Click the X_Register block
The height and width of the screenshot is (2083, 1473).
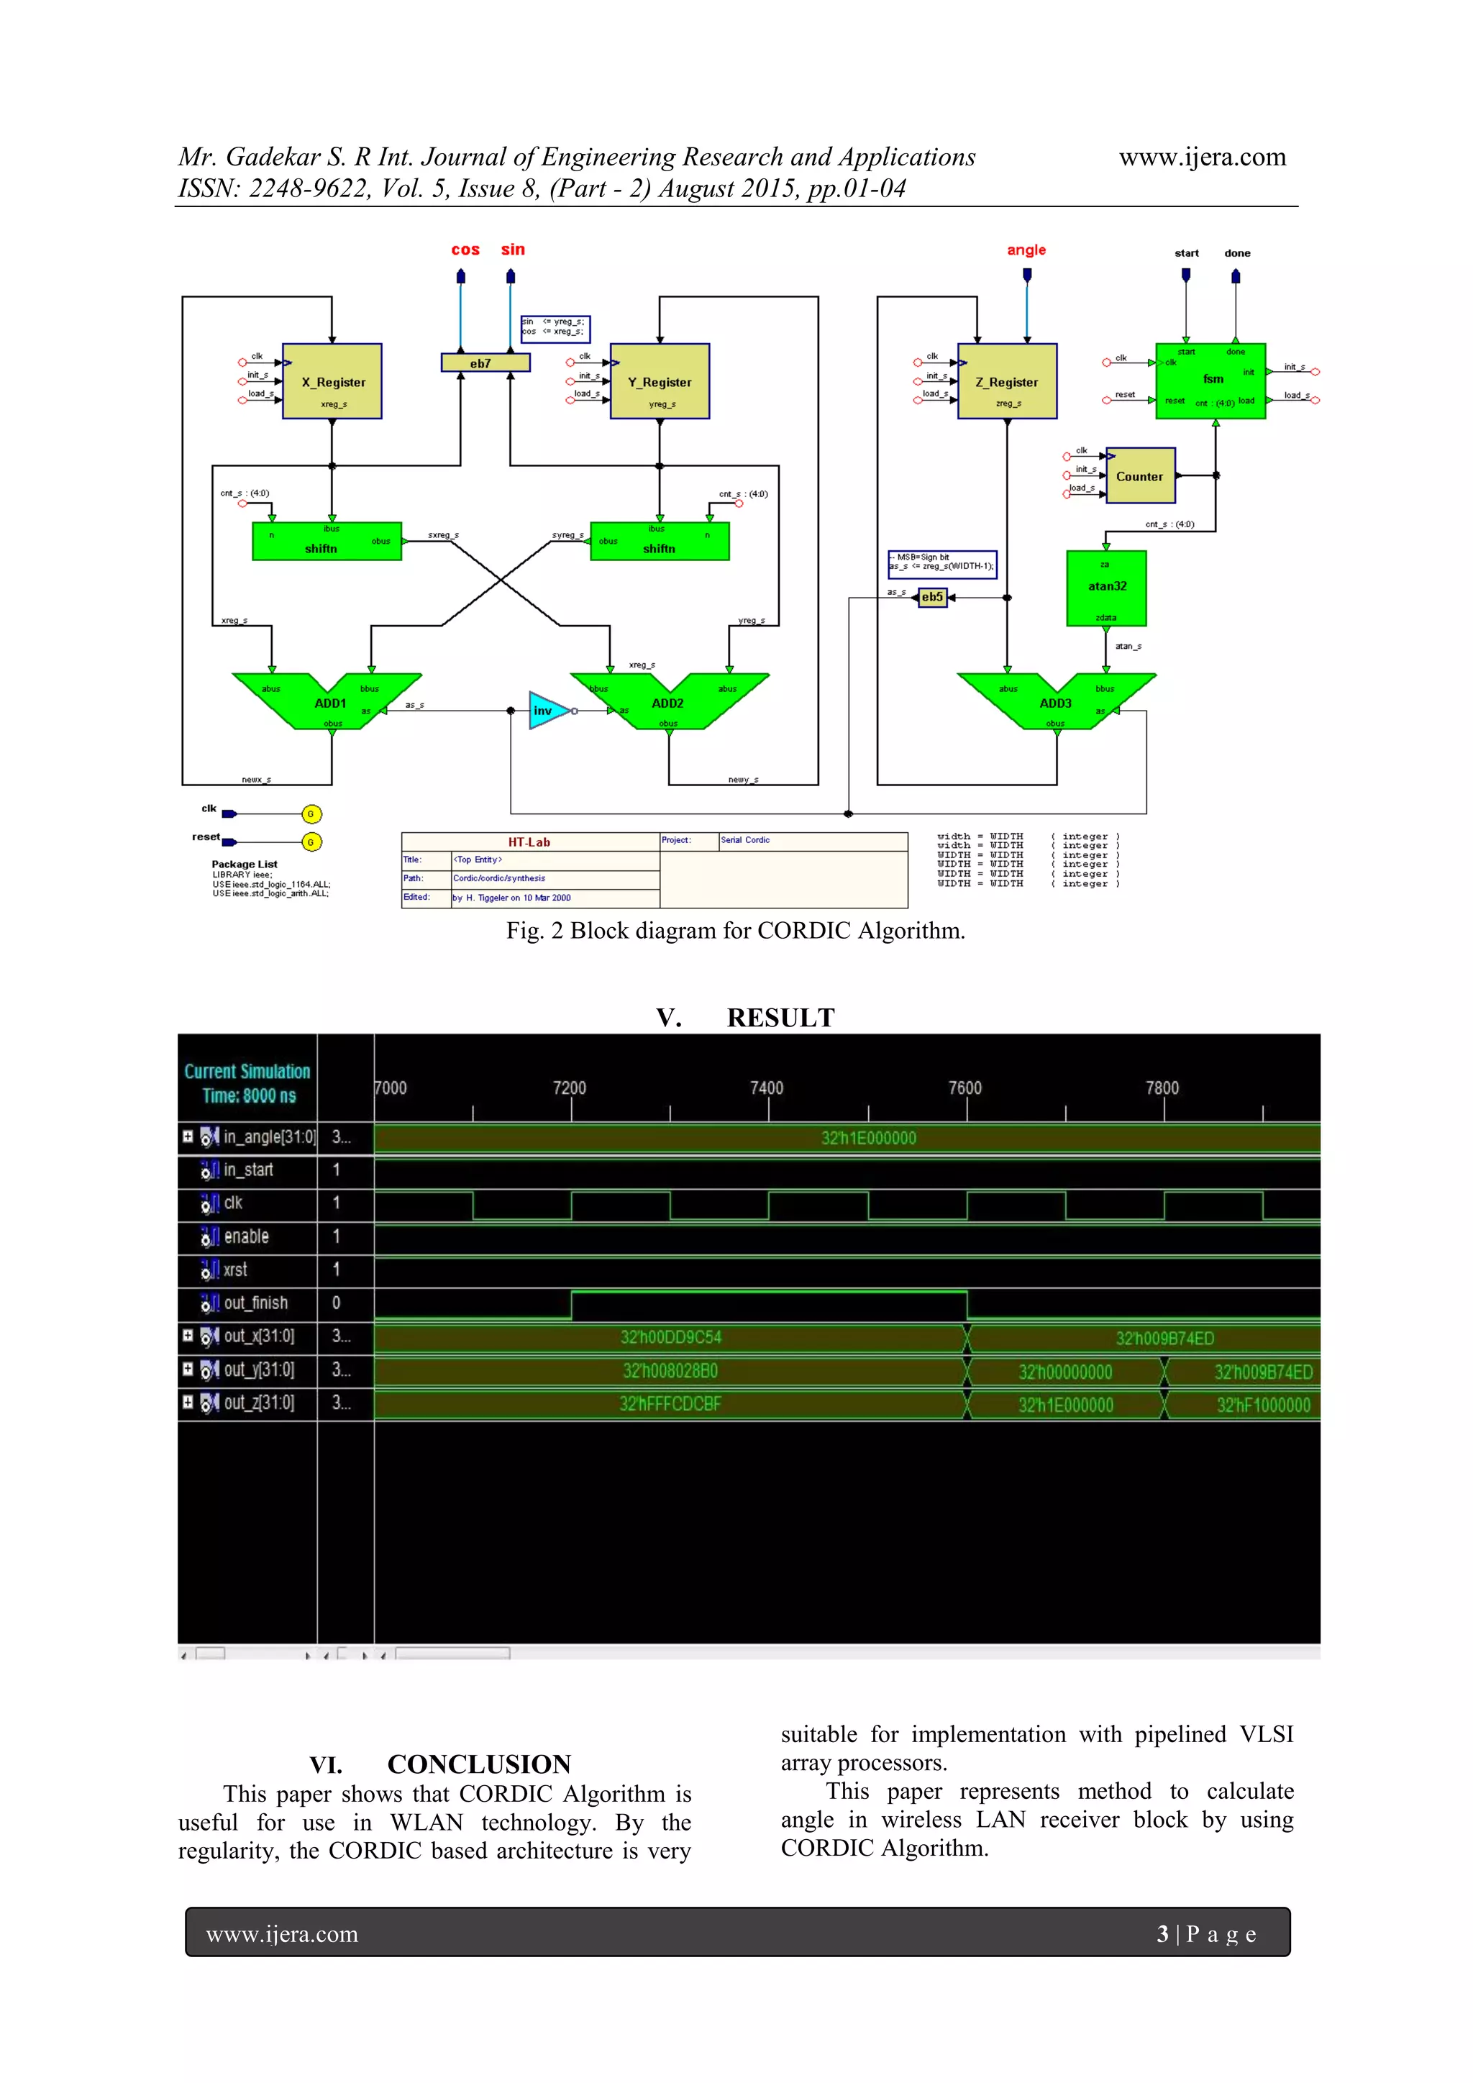tap(332, 382)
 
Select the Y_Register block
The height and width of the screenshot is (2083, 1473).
tap(660, 382)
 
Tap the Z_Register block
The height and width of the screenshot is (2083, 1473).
tap(1007, 382)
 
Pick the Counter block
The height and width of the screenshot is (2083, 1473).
tap(1140, 475)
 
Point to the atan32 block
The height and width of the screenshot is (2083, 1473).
tap(1107, 587)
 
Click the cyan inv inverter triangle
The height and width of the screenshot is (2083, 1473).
tap(547, 711)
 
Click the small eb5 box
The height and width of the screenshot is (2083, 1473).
tap(931, 597)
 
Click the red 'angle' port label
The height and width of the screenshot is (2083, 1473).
tap(1026, 250)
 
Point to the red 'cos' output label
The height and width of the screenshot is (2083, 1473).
tap(465, 250)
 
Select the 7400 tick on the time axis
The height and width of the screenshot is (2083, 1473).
tap(767, 1088)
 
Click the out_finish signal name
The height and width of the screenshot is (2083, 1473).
tap(256, 1303)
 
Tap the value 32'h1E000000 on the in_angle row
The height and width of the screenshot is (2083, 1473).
tap(868, 1138)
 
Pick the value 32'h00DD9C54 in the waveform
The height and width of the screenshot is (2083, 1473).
tap(670, 1337)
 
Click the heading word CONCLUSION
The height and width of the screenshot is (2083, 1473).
tap(479, 1764)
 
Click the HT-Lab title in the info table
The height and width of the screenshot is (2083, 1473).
tap(529, 842)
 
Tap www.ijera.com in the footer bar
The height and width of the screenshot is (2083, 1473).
tap(282, 1933)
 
